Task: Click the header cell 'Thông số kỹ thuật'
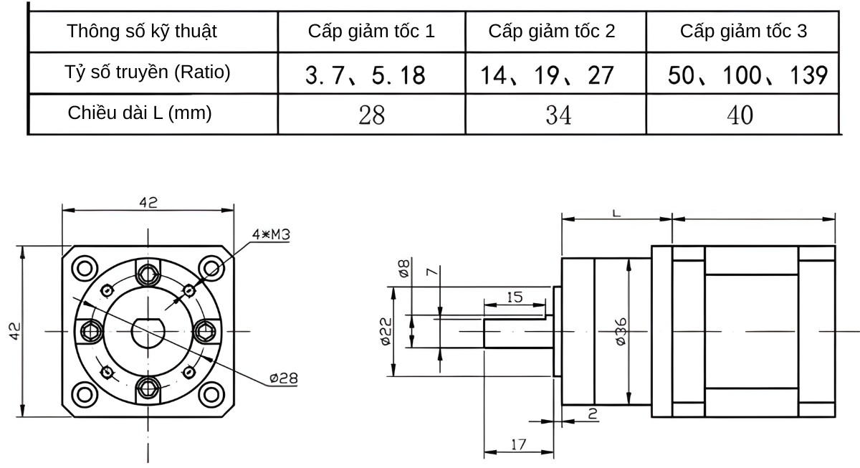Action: click(x=142, y=32)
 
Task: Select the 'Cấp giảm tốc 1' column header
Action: click(x=371, y=32)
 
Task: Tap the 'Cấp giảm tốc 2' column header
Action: click(x=552, y=32)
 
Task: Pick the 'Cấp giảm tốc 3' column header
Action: click(x=743, y=32)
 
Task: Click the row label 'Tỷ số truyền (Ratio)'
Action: click(x=148, y=72)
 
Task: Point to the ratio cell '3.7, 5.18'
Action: click(x=365, y=75)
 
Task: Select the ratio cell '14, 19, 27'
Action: click(x=548, y=75)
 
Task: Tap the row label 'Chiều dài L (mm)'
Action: click(x=140, y=113)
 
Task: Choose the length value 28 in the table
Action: click(x=371, y=115)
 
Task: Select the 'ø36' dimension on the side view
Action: click(x=621, y=332)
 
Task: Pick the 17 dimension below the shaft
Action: click(x=518, y=444)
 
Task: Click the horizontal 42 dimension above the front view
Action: click(x=148, y=202)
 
